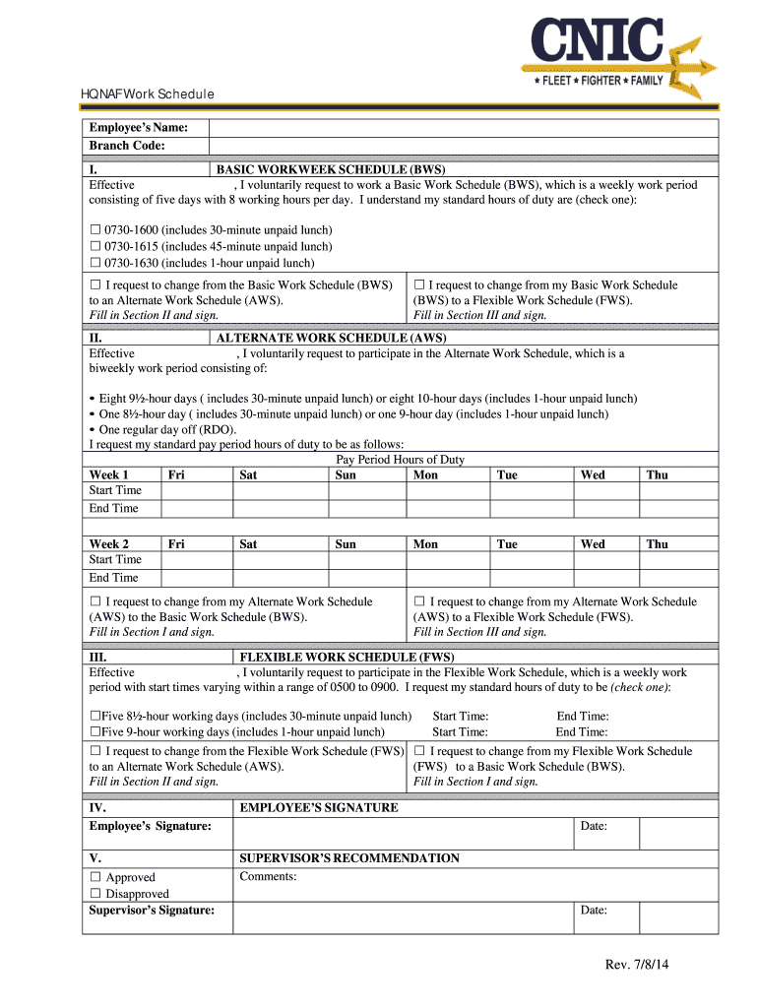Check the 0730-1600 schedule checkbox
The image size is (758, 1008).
[95, 230]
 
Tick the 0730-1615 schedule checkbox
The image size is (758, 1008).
[95, 246]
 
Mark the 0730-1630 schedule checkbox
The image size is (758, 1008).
[95, 263]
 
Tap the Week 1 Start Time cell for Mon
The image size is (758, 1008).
[448, 490]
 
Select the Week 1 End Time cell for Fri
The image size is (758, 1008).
[196, 509]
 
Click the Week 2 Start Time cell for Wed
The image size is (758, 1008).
[605, 559]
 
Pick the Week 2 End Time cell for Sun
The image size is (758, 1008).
[367, 578]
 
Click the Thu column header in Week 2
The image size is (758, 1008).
[657, 543]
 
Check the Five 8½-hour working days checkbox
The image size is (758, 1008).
[95, 717]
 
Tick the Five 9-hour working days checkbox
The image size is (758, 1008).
[95, 732]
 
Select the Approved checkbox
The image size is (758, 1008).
[95, 877]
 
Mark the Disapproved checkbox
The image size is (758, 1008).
[95, 894]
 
